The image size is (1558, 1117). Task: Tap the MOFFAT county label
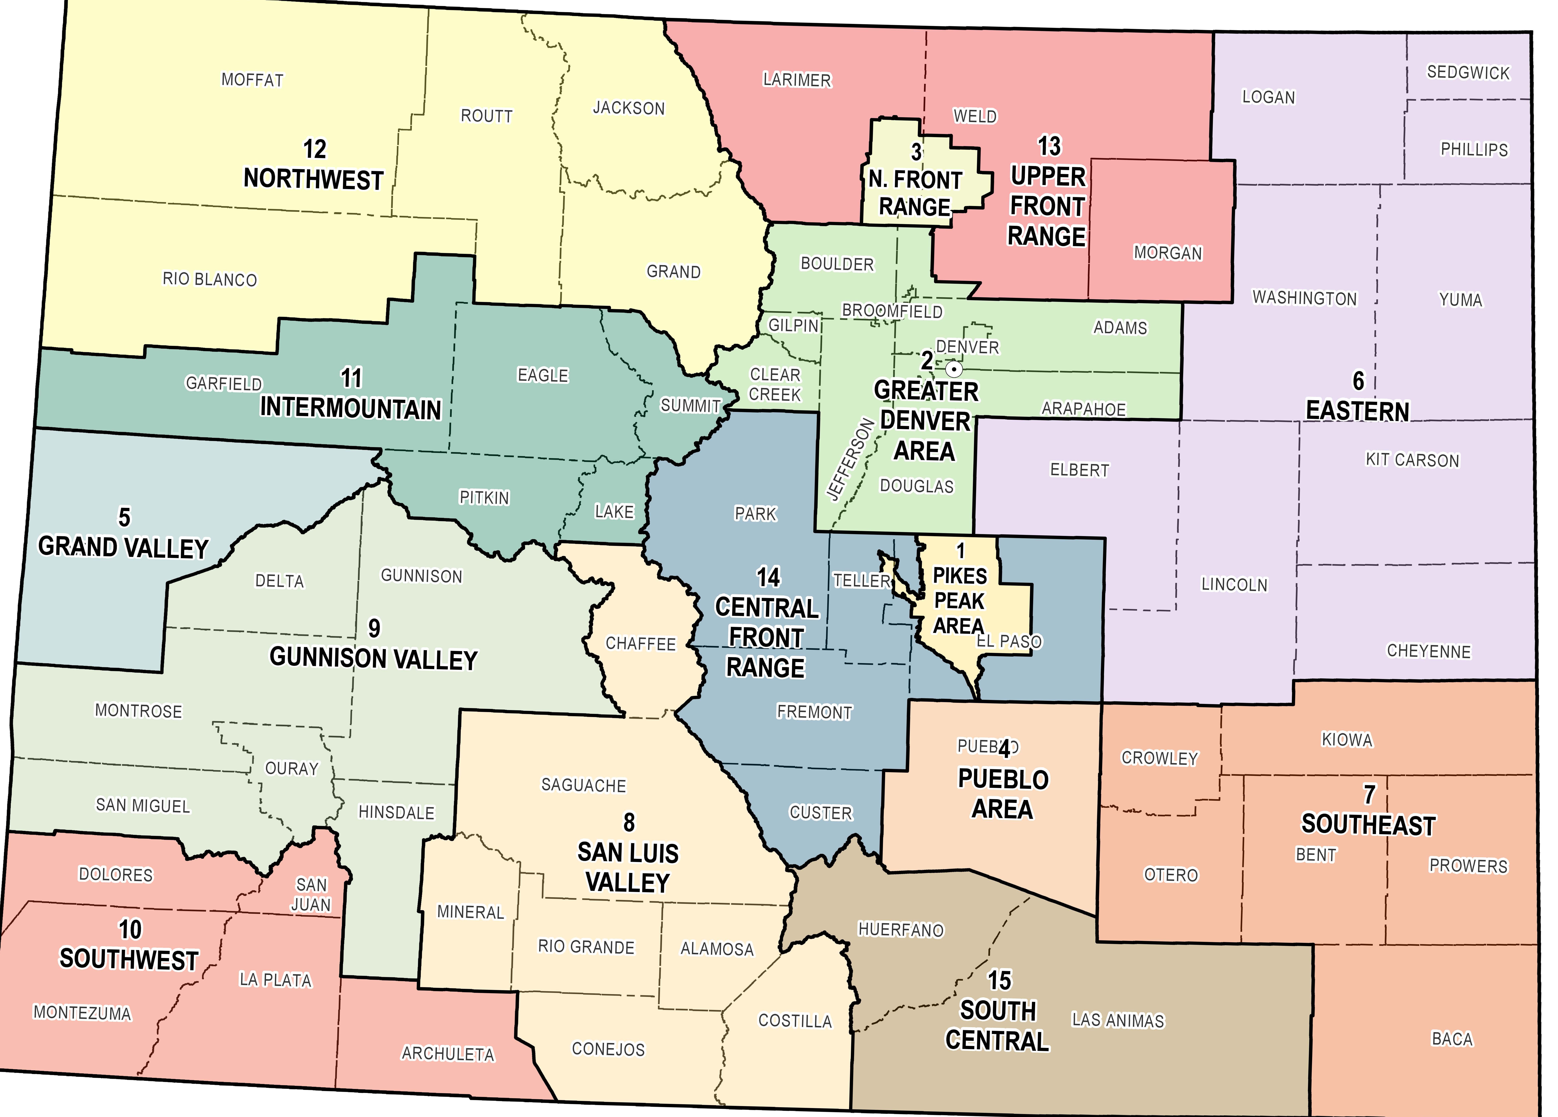tap(252, 80)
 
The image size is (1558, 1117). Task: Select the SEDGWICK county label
tap(1468, 73)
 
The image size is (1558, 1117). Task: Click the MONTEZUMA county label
tap(82, 1013)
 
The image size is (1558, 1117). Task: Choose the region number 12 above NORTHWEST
tap(315, 149)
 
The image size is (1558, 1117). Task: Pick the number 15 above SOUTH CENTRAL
tap(999, 980)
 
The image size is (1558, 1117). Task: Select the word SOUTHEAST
tap(1368, 824)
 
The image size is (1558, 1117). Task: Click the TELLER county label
tap(861, 580)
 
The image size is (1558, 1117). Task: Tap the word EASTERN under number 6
tap(1357, 411)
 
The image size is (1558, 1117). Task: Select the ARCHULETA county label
tap(448, 1054)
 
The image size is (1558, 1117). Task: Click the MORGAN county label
tap(1168, 253)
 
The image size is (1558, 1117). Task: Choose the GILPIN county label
tap(793, 325)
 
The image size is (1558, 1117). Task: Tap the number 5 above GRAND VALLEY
tap(124, 517)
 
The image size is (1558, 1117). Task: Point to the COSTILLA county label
tap(795, 1021)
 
